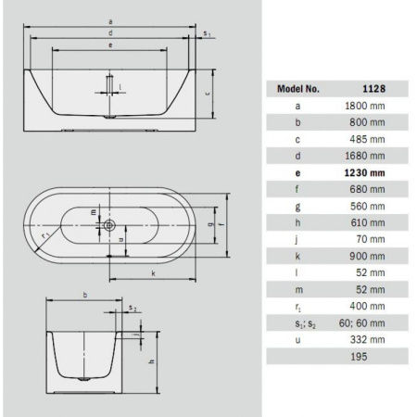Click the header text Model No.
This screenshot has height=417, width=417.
[299, 90]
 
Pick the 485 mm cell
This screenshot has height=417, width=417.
[366, 138]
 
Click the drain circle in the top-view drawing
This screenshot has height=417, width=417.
[109, 224]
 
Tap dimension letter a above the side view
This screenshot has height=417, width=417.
[110, 19]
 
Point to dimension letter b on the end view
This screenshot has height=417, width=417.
[84, 295]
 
